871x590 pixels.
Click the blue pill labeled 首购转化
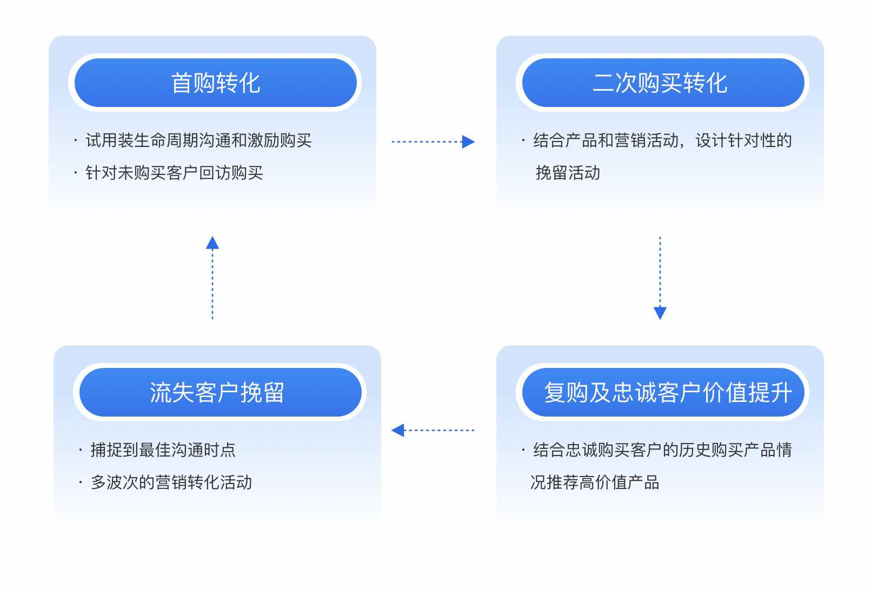[215, 83]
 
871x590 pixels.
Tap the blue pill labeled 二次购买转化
[663, 83]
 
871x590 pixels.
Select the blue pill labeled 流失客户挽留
[221, 392]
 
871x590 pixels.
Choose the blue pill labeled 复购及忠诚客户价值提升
[663, 392]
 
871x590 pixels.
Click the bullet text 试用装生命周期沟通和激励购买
[199, 140]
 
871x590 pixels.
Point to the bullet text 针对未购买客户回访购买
[174, 172]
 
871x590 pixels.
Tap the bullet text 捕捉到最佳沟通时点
[163, 450]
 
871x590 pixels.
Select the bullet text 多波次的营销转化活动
[171, 482]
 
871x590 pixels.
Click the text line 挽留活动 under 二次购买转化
[568, 172]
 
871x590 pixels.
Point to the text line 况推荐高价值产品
[595, 482]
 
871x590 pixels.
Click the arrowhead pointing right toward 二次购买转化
[468, 142]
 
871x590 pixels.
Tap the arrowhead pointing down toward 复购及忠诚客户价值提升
[660, 313]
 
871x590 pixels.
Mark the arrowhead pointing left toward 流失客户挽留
[398, 430]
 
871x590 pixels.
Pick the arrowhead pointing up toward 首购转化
[212, 243]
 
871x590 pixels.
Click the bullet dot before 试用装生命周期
[76, 140]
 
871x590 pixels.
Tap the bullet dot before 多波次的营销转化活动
[81, 482]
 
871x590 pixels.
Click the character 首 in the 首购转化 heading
[182, 83]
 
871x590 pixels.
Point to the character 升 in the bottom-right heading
[781, 392]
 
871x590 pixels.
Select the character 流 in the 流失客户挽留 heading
[161, 392]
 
